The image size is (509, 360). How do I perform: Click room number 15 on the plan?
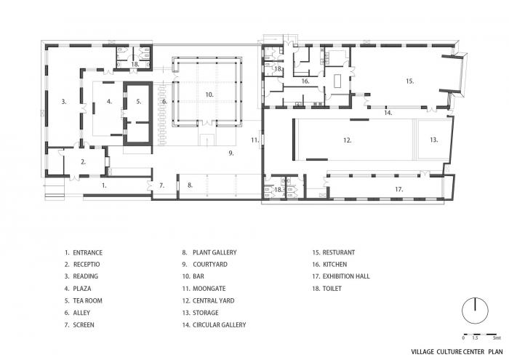tap(409, 81)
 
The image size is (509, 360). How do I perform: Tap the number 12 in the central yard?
tap(348, 140)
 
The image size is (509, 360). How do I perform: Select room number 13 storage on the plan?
tap(433, 140)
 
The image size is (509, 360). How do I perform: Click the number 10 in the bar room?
tap(208, 95)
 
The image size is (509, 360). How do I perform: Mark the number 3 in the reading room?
tap(64, 103)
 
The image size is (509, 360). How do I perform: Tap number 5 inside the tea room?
tap(138, 102)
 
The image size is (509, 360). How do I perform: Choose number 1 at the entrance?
tap(104, 185)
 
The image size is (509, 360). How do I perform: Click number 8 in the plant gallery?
tap(191, 185)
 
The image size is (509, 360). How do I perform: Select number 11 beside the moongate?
tap(255, 139)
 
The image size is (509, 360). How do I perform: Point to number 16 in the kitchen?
tap(306, 82)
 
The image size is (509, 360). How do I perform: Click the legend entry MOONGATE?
tap(211, 300)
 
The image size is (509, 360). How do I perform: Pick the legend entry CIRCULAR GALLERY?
tap(219, 324)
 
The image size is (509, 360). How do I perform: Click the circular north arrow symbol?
tap(475, 308)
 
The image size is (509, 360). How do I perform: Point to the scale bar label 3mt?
tap(497, 338)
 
